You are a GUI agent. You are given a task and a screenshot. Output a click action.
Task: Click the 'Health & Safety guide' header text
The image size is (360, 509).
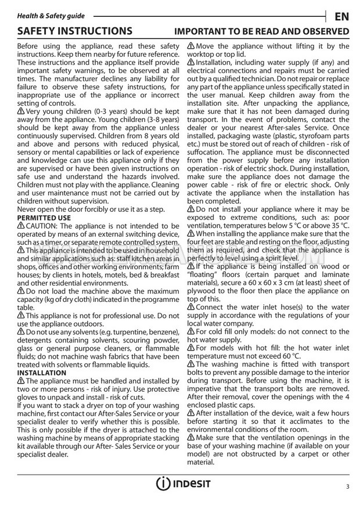[51, 16]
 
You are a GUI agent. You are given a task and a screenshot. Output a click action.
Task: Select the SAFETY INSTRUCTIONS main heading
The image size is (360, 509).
[75, 31]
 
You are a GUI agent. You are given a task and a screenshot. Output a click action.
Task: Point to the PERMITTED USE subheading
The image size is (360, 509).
[44, 218]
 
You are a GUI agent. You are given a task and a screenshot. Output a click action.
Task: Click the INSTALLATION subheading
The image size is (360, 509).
[42, 372]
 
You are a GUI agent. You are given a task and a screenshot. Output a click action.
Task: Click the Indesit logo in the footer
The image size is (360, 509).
[182, 484]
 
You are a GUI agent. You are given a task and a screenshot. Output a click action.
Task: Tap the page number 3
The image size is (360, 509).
[347, 486]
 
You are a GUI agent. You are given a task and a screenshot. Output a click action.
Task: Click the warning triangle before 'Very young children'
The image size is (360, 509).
[21, 110]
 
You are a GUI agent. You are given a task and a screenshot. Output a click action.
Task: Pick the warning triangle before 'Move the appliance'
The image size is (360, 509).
[192, 46]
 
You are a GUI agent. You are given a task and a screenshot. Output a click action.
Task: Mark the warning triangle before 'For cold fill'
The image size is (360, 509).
[192, 331]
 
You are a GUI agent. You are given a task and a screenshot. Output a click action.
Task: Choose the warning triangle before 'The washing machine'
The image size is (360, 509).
[192, 363]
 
